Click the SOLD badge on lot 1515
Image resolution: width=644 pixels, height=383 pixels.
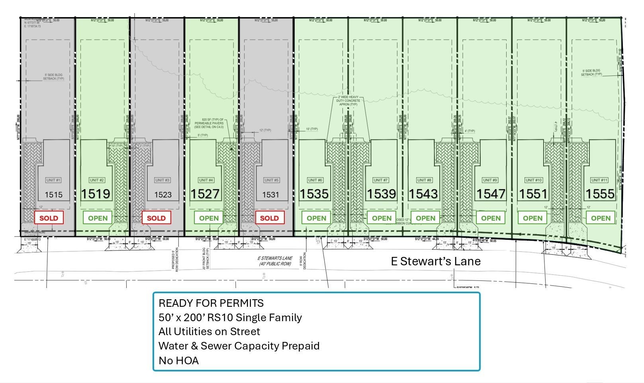[49, 218]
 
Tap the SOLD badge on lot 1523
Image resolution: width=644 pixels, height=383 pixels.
[156, 218]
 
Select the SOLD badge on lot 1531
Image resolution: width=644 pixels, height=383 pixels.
[269, 218]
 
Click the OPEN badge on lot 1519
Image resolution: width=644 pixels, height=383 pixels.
[98, 218]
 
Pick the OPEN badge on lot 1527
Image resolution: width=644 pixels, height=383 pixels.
[209, 218]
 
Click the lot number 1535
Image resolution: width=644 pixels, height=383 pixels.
[314, 194]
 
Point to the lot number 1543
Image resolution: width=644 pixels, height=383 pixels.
[423, 194]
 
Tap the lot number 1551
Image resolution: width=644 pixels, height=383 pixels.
[533, 194]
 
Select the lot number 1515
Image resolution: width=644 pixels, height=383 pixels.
[53, 195]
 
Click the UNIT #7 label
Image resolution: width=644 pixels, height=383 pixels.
[380, 180]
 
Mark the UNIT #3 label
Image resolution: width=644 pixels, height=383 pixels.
[162, 180]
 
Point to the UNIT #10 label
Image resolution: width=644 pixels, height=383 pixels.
[534, 180]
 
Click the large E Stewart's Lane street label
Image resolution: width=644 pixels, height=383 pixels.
[435, 261]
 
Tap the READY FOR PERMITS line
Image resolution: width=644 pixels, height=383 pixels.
[211, 303]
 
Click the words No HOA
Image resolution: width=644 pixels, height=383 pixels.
[178, 361]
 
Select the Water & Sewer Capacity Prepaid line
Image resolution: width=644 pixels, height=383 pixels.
[239, 346]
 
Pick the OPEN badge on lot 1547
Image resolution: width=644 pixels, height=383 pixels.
[491, 218]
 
